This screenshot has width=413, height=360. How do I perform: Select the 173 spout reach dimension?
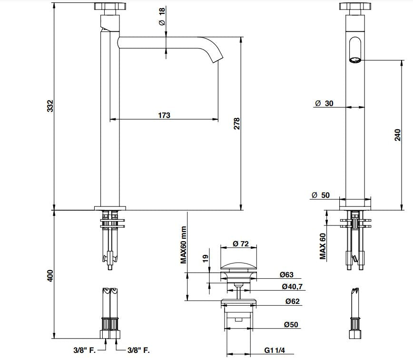(x=164, y=115)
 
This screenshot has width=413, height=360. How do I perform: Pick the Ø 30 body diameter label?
(x=324, y=104)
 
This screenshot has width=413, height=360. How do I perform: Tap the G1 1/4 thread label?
(x=275, y=351)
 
